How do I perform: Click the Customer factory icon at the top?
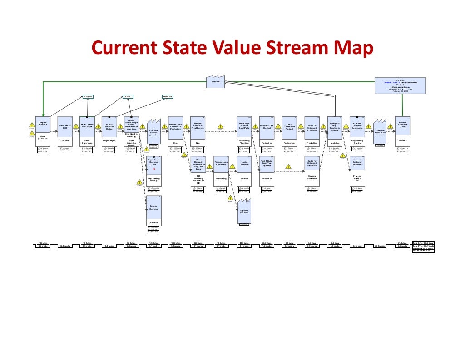[216, 81]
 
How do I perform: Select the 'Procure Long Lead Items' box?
[221, 164]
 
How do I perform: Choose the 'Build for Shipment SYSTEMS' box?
[312, 164]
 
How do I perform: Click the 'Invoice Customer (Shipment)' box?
[357, 164]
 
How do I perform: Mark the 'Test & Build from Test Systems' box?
[266, 164]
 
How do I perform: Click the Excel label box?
[128, 96]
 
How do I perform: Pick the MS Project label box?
[167, 96]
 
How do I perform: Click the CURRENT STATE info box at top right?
[400, 85]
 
